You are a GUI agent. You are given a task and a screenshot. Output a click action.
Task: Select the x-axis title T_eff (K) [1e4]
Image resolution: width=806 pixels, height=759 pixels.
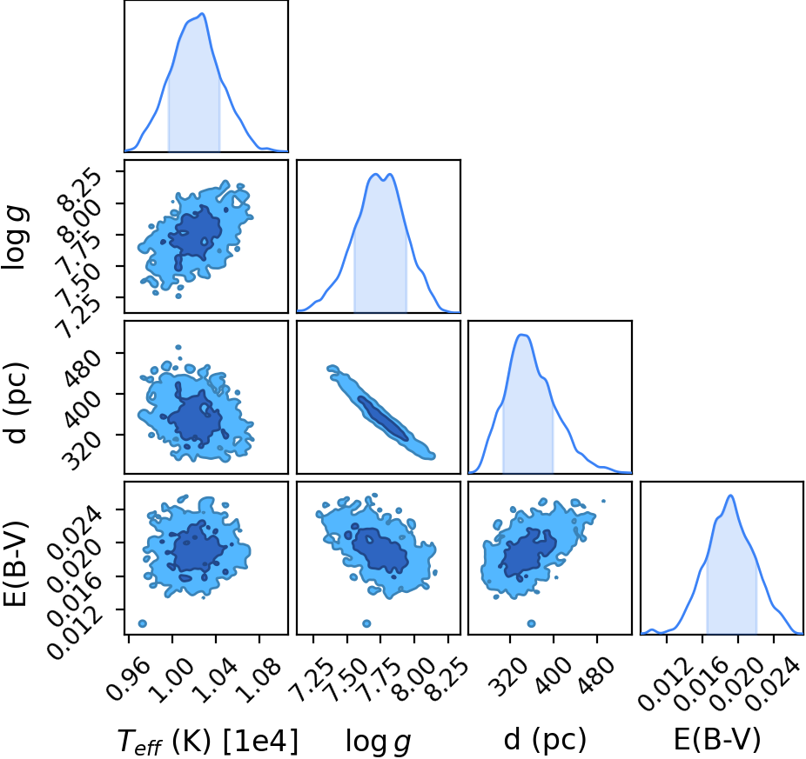tap(208, 741)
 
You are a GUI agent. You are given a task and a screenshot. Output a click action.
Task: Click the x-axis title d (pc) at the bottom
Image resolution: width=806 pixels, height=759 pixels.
tap(545, 740)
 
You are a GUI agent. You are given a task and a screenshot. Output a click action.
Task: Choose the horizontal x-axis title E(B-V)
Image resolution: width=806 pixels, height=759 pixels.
tap(717, 740)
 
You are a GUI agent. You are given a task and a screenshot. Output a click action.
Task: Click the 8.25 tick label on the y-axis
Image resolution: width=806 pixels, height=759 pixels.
tap(80, 189)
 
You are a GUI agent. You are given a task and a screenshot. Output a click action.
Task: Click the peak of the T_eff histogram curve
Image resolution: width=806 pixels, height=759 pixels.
tap(203, 13)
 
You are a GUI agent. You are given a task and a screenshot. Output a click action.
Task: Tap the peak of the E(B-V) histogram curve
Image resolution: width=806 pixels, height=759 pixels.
tap(730, 496)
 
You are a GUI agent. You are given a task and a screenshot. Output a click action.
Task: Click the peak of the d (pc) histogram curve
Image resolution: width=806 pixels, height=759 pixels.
tap(522, 335)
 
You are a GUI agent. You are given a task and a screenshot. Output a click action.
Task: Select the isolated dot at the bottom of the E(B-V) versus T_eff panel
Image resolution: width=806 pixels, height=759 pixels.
tap(143, 623)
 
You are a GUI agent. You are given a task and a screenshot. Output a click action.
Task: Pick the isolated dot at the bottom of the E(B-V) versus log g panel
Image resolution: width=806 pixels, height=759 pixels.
tap(366, 623)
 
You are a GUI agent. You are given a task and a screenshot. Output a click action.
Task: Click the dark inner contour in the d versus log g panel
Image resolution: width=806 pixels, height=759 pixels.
tap(383, 418)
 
